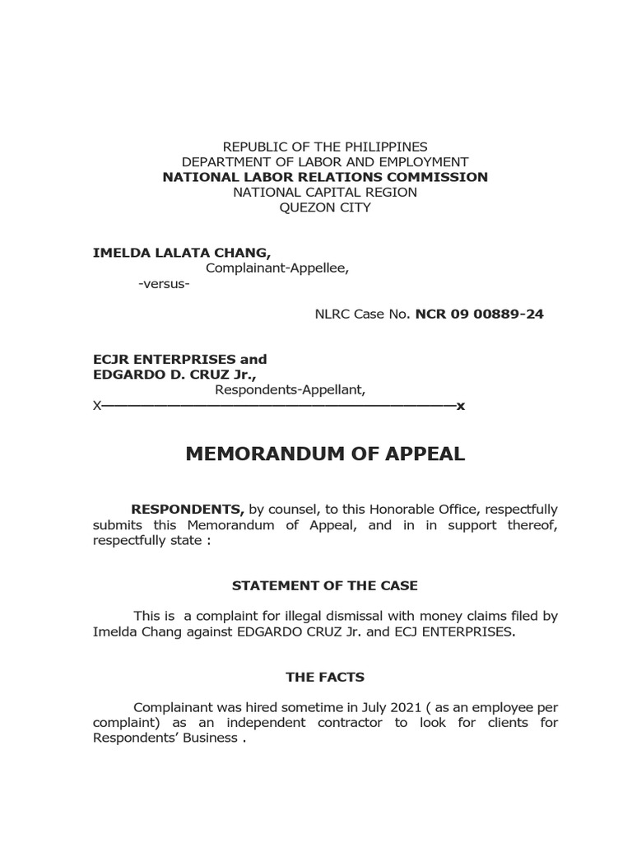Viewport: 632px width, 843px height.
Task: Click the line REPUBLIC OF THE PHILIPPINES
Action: [x=325, y=147]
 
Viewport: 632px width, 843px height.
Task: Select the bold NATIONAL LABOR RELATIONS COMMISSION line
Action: [x=325, y=177]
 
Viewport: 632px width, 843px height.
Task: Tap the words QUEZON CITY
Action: [x=325, y=207]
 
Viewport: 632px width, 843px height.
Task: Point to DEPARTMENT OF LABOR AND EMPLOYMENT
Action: [x=325, y=162]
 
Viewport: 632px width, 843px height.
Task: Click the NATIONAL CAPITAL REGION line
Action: [x=325, y=192]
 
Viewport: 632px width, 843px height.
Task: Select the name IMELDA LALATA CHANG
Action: [x=181, y=253]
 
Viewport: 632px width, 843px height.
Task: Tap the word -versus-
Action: [x=164, y=284]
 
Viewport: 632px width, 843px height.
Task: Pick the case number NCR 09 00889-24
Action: [x=479, y=314]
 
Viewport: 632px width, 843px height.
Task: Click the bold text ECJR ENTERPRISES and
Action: [x=179, y=360]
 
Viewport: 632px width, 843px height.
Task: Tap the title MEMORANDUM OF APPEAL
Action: [x=325, y=454]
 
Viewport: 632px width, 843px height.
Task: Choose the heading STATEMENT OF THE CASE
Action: [x=325, y=586]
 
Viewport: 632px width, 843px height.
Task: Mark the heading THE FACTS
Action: [x=325, y=678]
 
